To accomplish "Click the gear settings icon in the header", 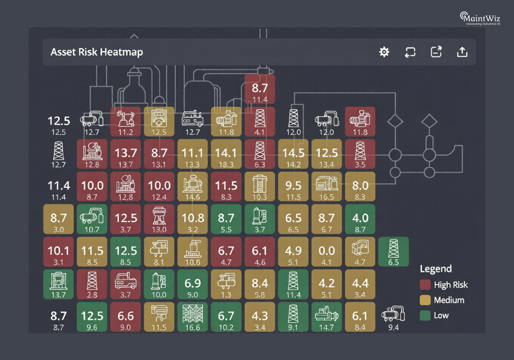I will (x=384, y=52).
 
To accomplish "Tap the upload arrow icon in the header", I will (x=462, y=52).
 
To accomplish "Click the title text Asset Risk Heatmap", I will (x=97, y=52).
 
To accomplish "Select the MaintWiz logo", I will (x=480, y=18).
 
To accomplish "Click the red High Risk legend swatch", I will (x=425, y=285).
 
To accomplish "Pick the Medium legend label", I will (x=449, y=300).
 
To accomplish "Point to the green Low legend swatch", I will (x=425, y=315).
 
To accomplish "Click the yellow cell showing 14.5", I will (x=293, y=154).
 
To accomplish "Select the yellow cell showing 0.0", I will (x=327, y=252).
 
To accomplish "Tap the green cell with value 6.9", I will (x=192, y=284).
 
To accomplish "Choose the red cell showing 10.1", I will (x=59, y=252).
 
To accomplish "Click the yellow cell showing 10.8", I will (x=192, y=219).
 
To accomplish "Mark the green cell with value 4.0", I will (x=360, y=219).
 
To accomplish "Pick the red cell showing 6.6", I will (x=125, y=317).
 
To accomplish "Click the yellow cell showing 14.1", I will (x=226, y=154).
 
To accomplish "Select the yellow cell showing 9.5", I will (x=293, y=187).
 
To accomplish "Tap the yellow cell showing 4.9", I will (x=293, y=252).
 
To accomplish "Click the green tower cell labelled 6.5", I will (x=393, y=252).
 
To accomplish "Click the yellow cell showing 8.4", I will (x=260, y=284).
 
